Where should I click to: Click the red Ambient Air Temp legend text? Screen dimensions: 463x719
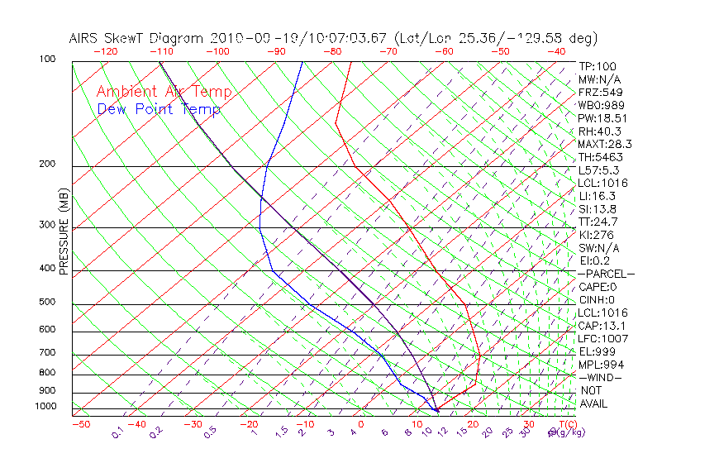164,93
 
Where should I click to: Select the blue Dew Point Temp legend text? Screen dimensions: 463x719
159,109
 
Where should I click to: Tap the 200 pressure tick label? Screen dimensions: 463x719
48,164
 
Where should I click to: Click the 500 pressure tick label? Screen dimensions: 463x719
48,302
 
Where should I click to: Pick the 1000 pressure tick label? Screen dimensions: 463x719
45,406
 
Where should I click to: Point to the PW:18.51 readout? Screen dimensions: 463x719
599,118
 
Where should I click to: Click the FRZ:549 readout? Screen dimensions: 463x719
598,92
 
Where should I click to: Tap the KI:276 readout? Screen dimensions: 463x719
595,235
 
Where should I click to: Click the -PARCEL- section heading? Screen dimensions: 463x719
606,274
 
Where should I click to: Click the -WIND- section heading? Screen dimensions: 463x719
601,377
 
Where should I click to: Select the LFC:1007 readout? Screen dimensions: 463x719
602,338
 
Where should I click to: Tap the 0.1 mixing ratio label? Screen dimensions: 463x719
117,432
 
